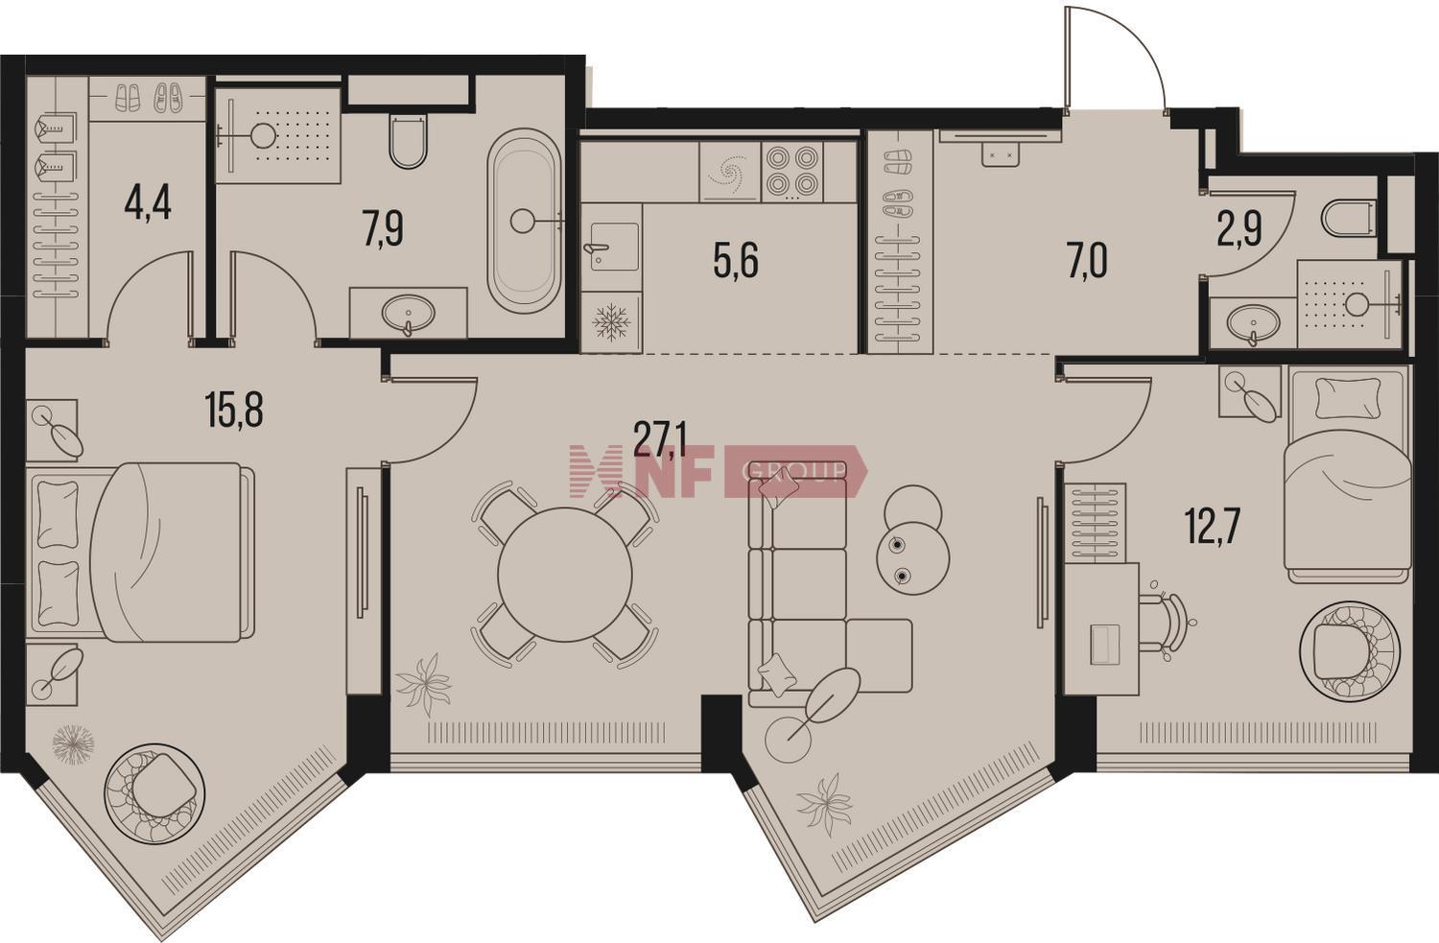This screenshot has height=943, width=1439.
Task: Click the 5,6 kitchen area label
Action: [736, 262]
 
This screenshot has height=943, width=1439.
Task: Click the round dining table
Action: [565, 574]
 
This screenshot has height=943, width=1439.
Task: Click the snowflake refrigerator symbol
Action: [611, 321]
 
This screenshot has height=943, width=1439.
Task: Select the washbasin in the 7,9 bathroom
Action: [408, 314]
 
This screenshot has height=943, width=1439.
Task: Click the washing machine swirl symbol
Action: [729, 172]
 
